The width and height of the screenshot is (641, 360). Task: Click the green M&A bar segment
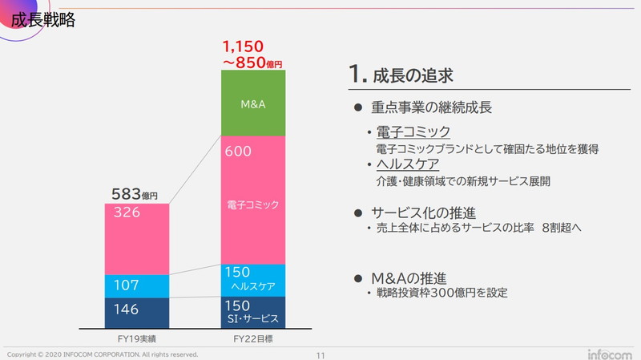[x=253, y=103]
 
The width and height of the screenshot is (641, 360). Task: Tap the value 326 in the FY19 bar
[x=127, y=212]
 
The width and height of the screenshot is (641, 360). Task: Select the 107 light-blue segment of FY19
[x=136, y=286]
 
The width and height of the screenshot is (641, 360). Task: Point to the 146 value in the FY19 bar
[x=127, y=309]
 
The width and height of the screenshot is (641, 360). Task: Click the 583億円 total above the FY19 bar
[x=135, y=194]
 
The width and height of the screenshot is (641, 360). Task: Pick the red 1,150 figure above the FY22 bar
[x=243, y=47]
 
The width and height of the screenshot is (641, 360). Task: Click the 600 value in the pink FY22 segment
[x=238, y=152]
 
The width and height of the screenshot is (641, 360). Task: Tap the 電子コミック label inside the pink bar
[x=253, y=204]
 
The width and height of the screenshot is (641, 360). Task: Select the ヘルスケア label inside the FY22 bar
[x=253, y=286]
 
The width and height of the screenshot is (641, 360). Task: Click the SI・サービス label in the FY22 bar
[x=253, y=318]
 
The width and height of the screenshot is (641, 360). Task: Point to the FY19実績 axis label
[x=136, y=338]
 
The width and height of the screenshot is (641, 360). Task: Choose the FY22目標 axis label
[x=253, y=338]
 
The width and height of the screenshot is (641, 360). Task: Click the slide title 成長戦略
[x=43, y=19]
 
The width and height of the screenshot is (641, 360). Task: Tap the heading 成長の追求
[x=413, y=75]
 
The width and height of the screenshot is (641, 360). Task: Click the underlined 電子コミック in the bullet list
[x=413, y=131]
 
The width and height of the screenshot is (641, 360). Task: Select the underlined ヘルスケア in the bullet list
[x=408, y=164]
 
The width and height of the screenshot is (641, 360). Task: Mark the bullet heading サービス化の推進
[x=423, y=212]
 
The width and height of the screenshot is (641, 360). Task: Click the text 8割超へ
[x=562, y=228]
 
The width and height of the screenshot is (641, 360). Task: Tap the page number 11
[x=320, y=355]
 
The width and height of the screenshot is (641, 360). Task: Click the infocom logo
[x=610, y=354]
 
